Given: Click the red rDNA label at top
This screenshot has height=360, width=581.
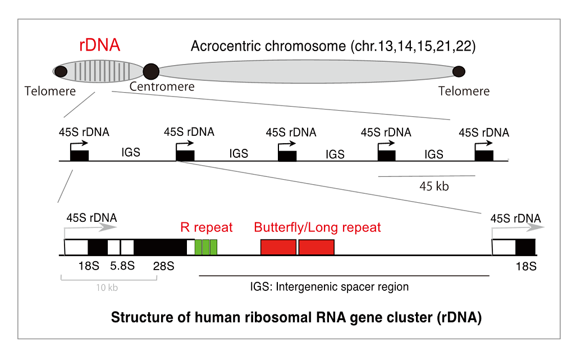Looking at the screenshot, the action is [x=100, y=45].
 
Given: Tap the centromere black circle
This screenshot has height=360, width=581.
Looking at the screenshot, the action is [x=151, y=71].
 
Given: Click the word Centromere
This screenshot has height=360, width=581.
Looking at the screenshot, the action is [x=162, y=86].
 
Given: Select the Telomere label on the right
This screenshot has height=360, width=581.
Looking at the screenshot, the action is [x=464, y=91].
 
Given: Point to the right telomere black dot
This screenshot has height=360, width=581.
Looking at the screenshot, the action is [x=459, y=71].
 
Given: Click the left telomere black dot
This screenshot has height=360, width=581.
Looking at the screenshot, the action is [x=61, y=71].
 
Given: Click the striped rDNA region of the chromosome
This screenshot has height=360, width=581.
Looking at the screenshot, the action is [x=102, y=71].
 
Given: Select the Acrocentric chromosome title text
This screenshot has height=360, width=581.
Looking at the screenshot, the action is [x=333, y=46].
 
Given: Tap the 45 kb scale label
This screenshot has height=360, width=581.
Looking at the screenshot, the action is [x=434, y=186].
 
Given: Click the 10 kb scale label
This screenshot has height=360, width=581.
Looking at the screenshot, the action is [x=107, y=288].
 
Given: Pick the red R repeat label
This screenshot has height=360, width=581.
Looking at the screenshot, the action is [x=207, y=227].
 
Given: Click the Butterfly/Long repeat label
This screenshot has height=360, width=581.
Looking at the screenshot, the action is [x=317, y=227].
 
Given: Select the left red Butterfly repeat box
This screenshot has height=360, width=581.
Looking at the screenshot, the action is [x=278, y=247].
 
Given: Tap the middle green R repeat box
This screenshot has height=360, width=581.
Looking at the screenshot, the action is [x=206, y=247].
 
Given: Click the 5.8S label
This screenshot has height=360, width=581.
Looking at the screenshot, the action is [x=122, y=266].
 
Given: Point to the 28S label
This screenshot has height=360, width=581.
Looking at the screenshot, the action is [x=164, y=266].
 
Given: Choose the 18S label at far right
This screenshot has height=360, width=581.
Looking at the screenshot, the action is [x=526, y=266].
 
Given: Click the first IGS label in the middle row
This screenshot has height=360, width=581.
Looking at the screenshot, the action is [x=131, y=152].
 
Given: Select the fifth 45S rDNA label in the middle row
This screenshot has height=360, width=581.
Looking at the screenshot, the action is [x=484, y=133].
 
